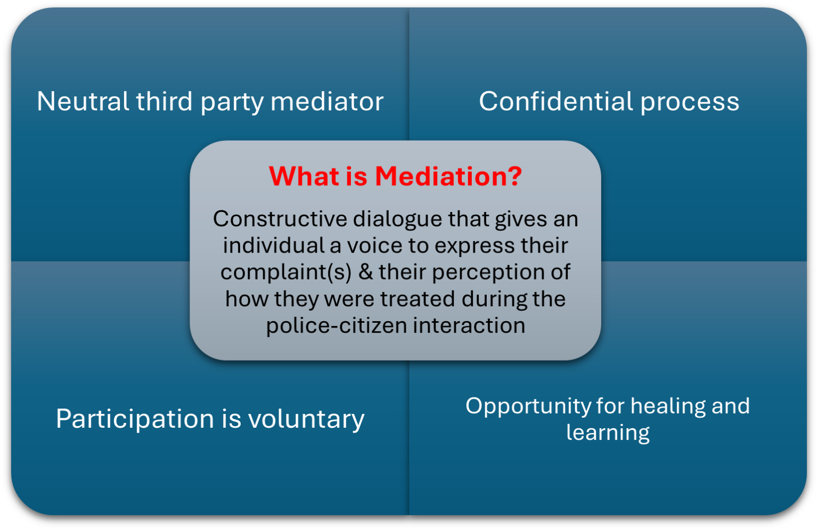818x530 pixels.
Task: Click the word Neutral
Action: pos(83,101)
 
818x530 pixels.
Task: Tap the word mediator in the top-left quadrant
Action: pos(327,101)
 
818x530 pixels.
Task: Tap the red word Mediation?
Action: pos(448,176)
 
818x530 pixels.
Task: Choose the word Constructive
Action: pos(280,219)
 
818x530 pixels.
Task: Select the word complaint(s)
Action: pos(286,272)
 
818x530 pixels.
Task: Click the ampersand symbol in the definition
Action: pos(365,272)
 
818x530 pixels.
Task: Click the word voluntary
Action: pos(306,419)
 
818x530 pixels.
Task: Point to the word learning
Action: pos(608,433)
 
